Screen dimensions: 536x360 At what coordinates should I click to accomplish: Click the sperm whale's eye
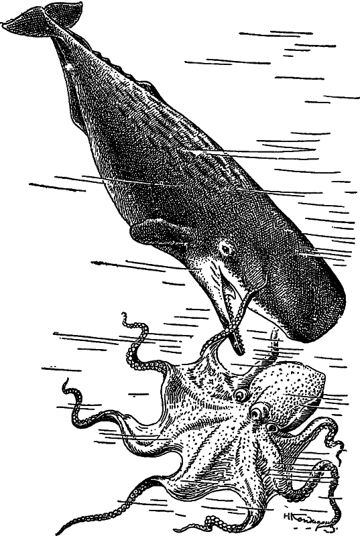[225, 251]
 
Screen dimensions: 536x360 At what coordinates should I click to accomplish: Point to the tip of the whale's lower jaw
[235, 348]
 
